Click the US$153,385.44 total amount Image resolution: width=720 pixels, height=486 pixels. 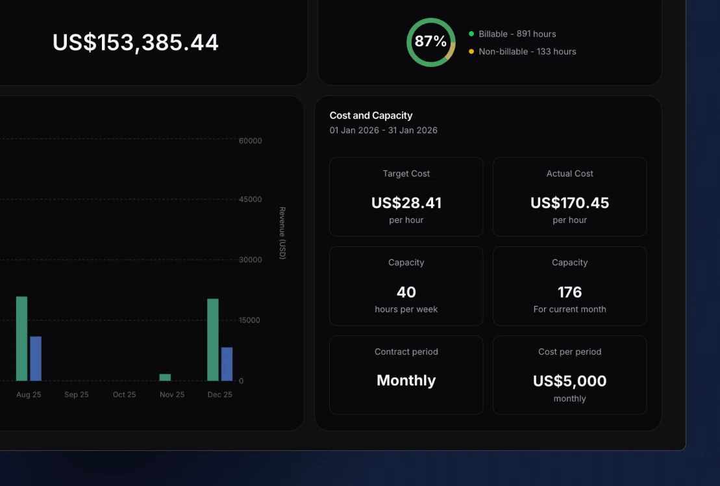[136, 43]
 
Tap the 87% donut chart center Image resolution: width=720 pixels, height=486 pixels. [430, 42]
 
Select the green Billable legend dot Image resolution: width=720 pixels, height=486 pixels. [471, 34]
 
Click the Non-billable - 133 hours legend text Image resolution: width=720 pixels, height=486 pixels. [527, 51]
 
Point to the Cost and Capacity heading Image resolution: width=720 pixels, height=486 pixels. [371, 116]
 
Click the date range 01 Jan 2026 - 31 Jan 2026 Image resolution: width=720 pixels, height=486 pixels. [383, 131]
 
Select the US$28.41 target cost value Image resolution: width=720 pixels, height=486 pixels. [406, 203]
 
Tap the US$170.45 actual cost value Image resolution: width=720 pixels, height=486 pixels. [569, 203]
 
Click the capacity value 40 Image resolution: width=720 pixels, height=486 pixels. [406, 292]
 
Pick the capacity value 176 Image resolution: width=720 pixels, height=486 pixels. [569, 292]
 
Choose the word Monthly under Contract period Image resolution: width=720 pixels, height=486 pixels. [406, 381]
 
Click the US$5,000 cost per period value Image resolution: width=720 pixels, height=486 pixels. [569, 381]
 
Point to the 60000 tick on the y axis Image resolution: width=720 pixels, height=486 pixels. [251, 141]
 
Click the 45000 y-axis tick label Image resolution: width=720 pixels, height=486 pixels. [251, 199]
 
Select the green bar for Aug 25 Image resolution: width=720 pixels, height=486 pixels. [22, 339]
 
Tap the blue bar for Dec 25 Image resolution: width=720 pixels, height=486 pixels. [227, 364]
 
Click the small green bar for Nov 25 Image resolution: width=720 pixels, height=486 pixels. [165, 377]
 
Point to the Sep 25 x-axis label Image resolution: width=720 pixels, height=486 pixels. [76, 395]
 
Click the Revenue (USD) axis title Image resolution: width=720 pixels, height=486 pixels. [282, 233]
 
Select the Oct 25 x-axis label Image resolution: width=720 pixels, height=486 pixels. [124, 395]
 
